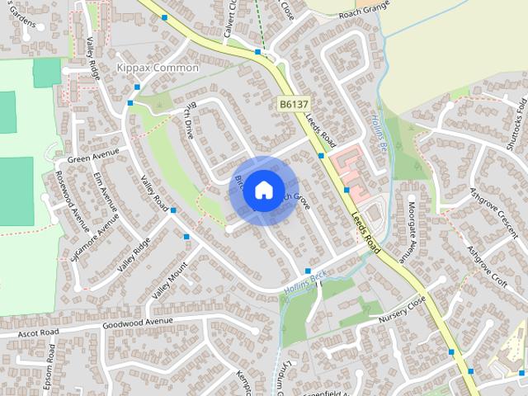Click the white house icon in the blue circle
[x=262, y=191]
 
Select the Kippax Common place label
[x=158, y=68]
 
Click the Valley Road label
[x=154, y=194]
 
